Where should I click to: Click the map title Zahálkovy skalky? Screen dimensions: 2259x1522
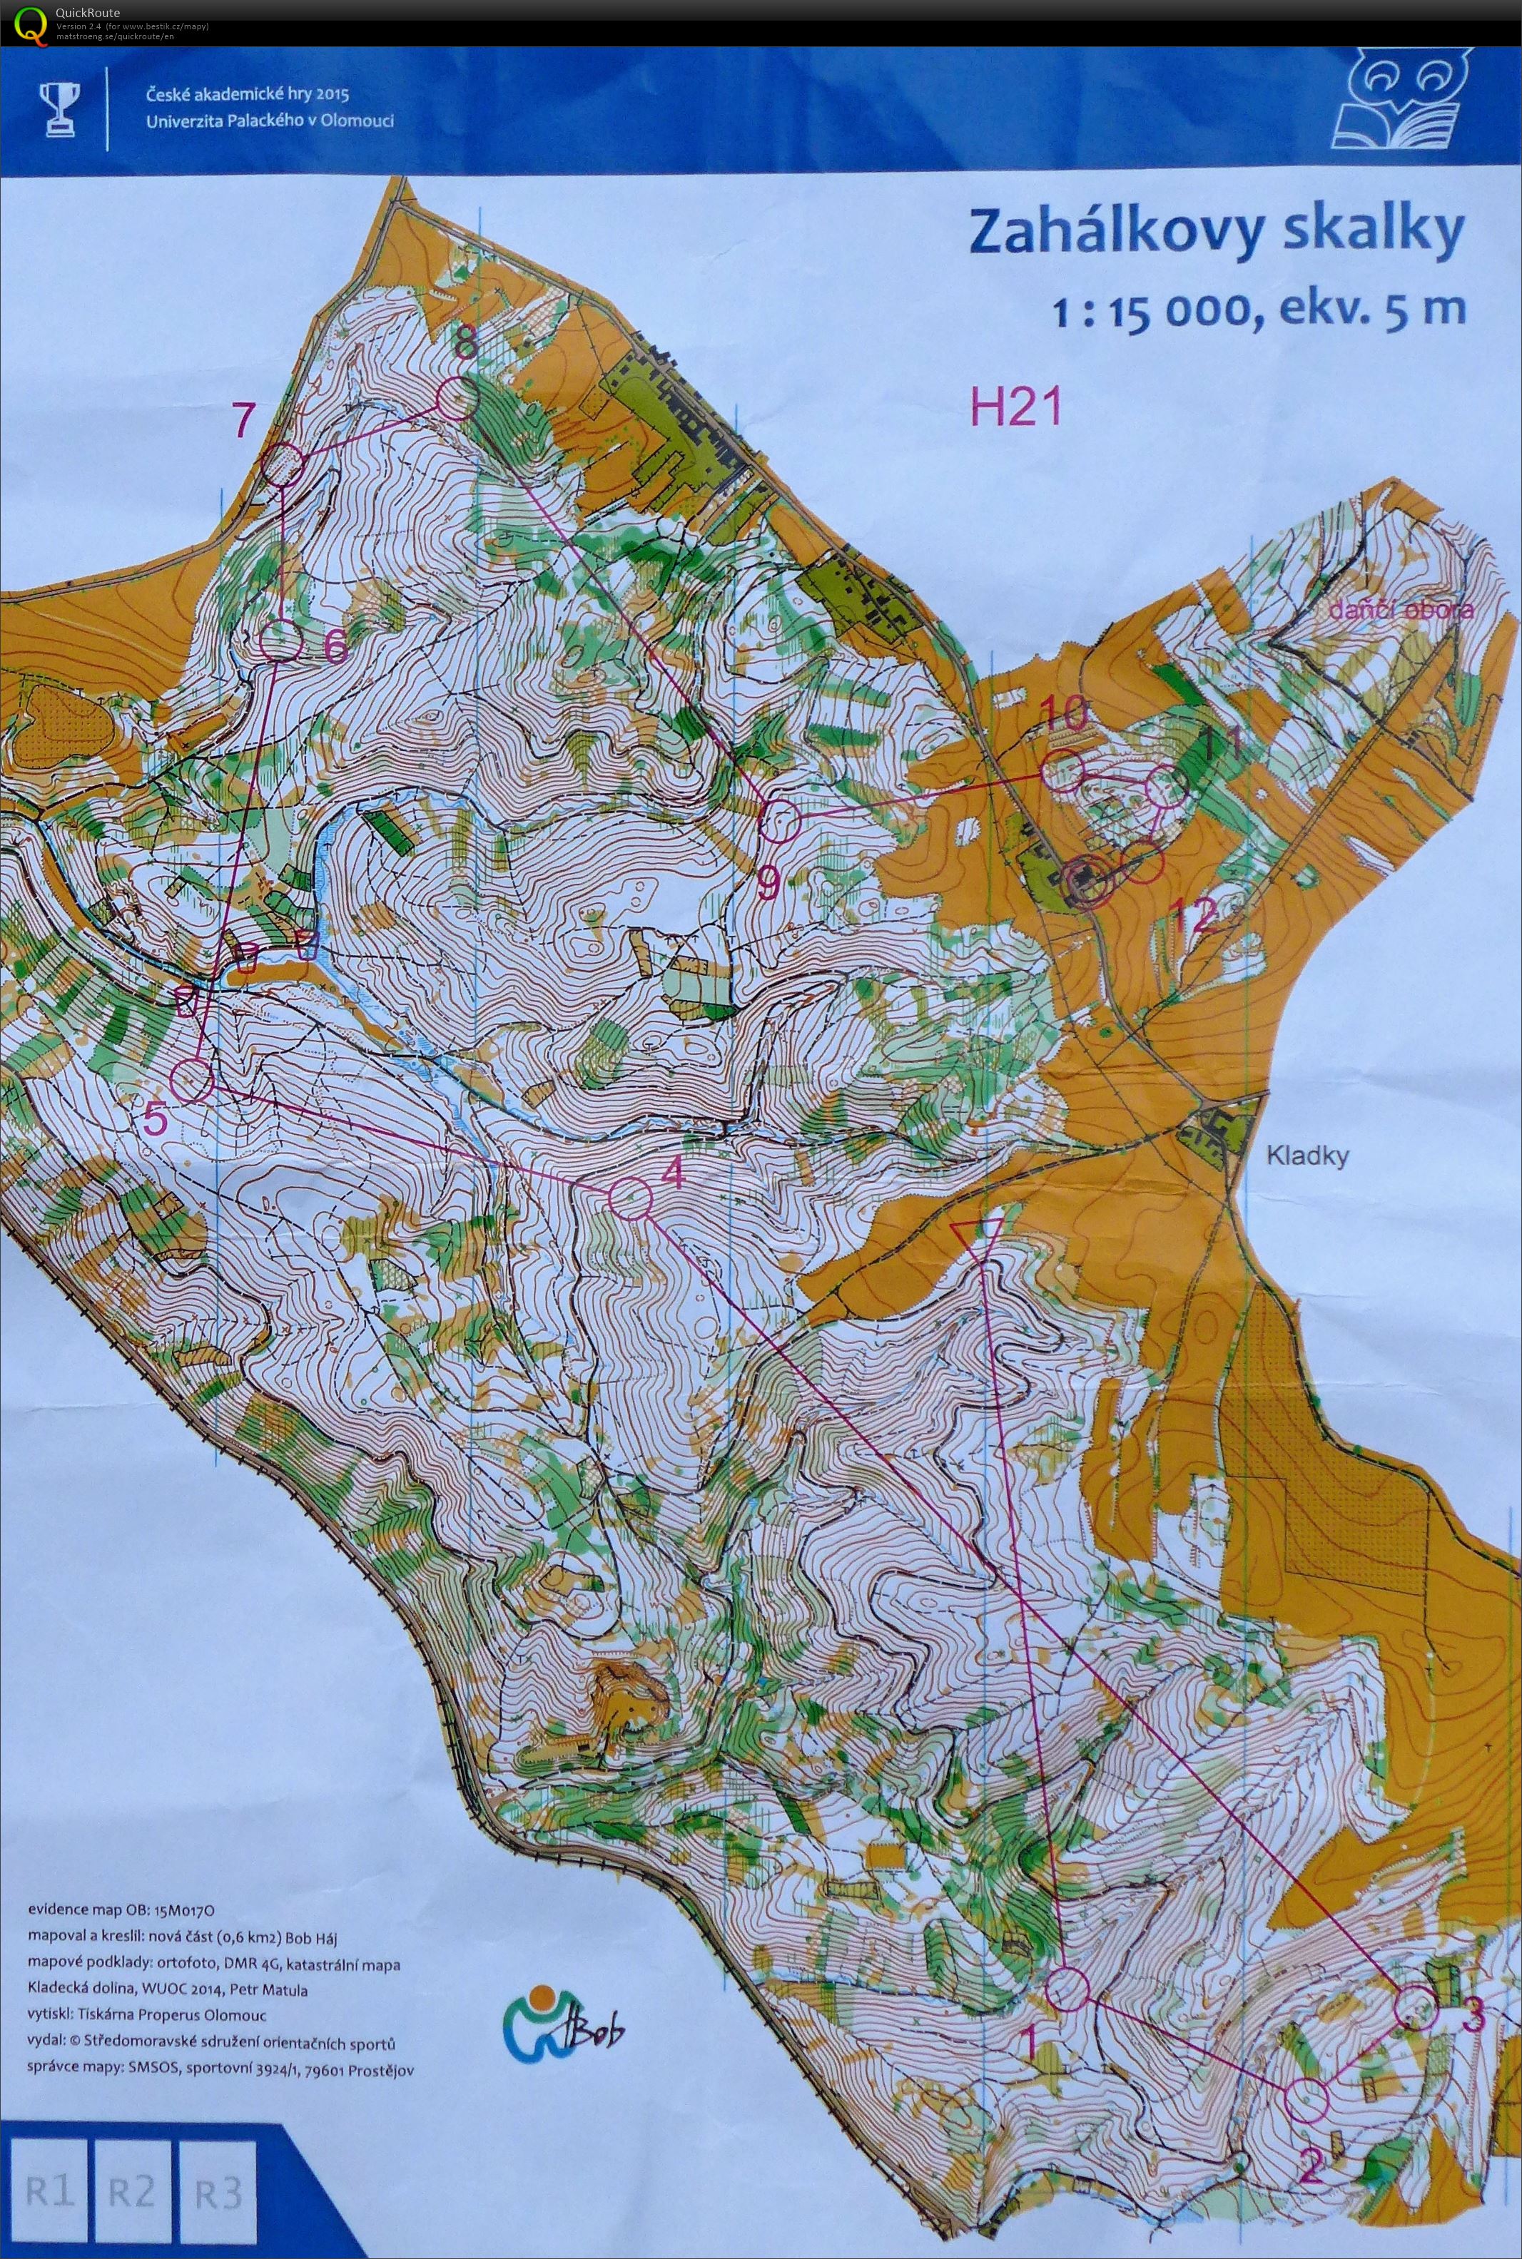coord(1215,232)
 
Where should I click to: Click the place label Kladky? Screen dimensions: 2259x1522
coord(1307,1156)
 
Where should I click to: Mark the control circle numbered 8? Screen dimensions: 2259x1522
coord(457,398)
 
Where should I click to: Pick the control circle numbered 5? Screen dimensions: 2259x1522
coord(192,1079)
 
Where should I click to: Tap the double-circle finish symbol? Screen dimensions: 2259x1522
coord(1085,881)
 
